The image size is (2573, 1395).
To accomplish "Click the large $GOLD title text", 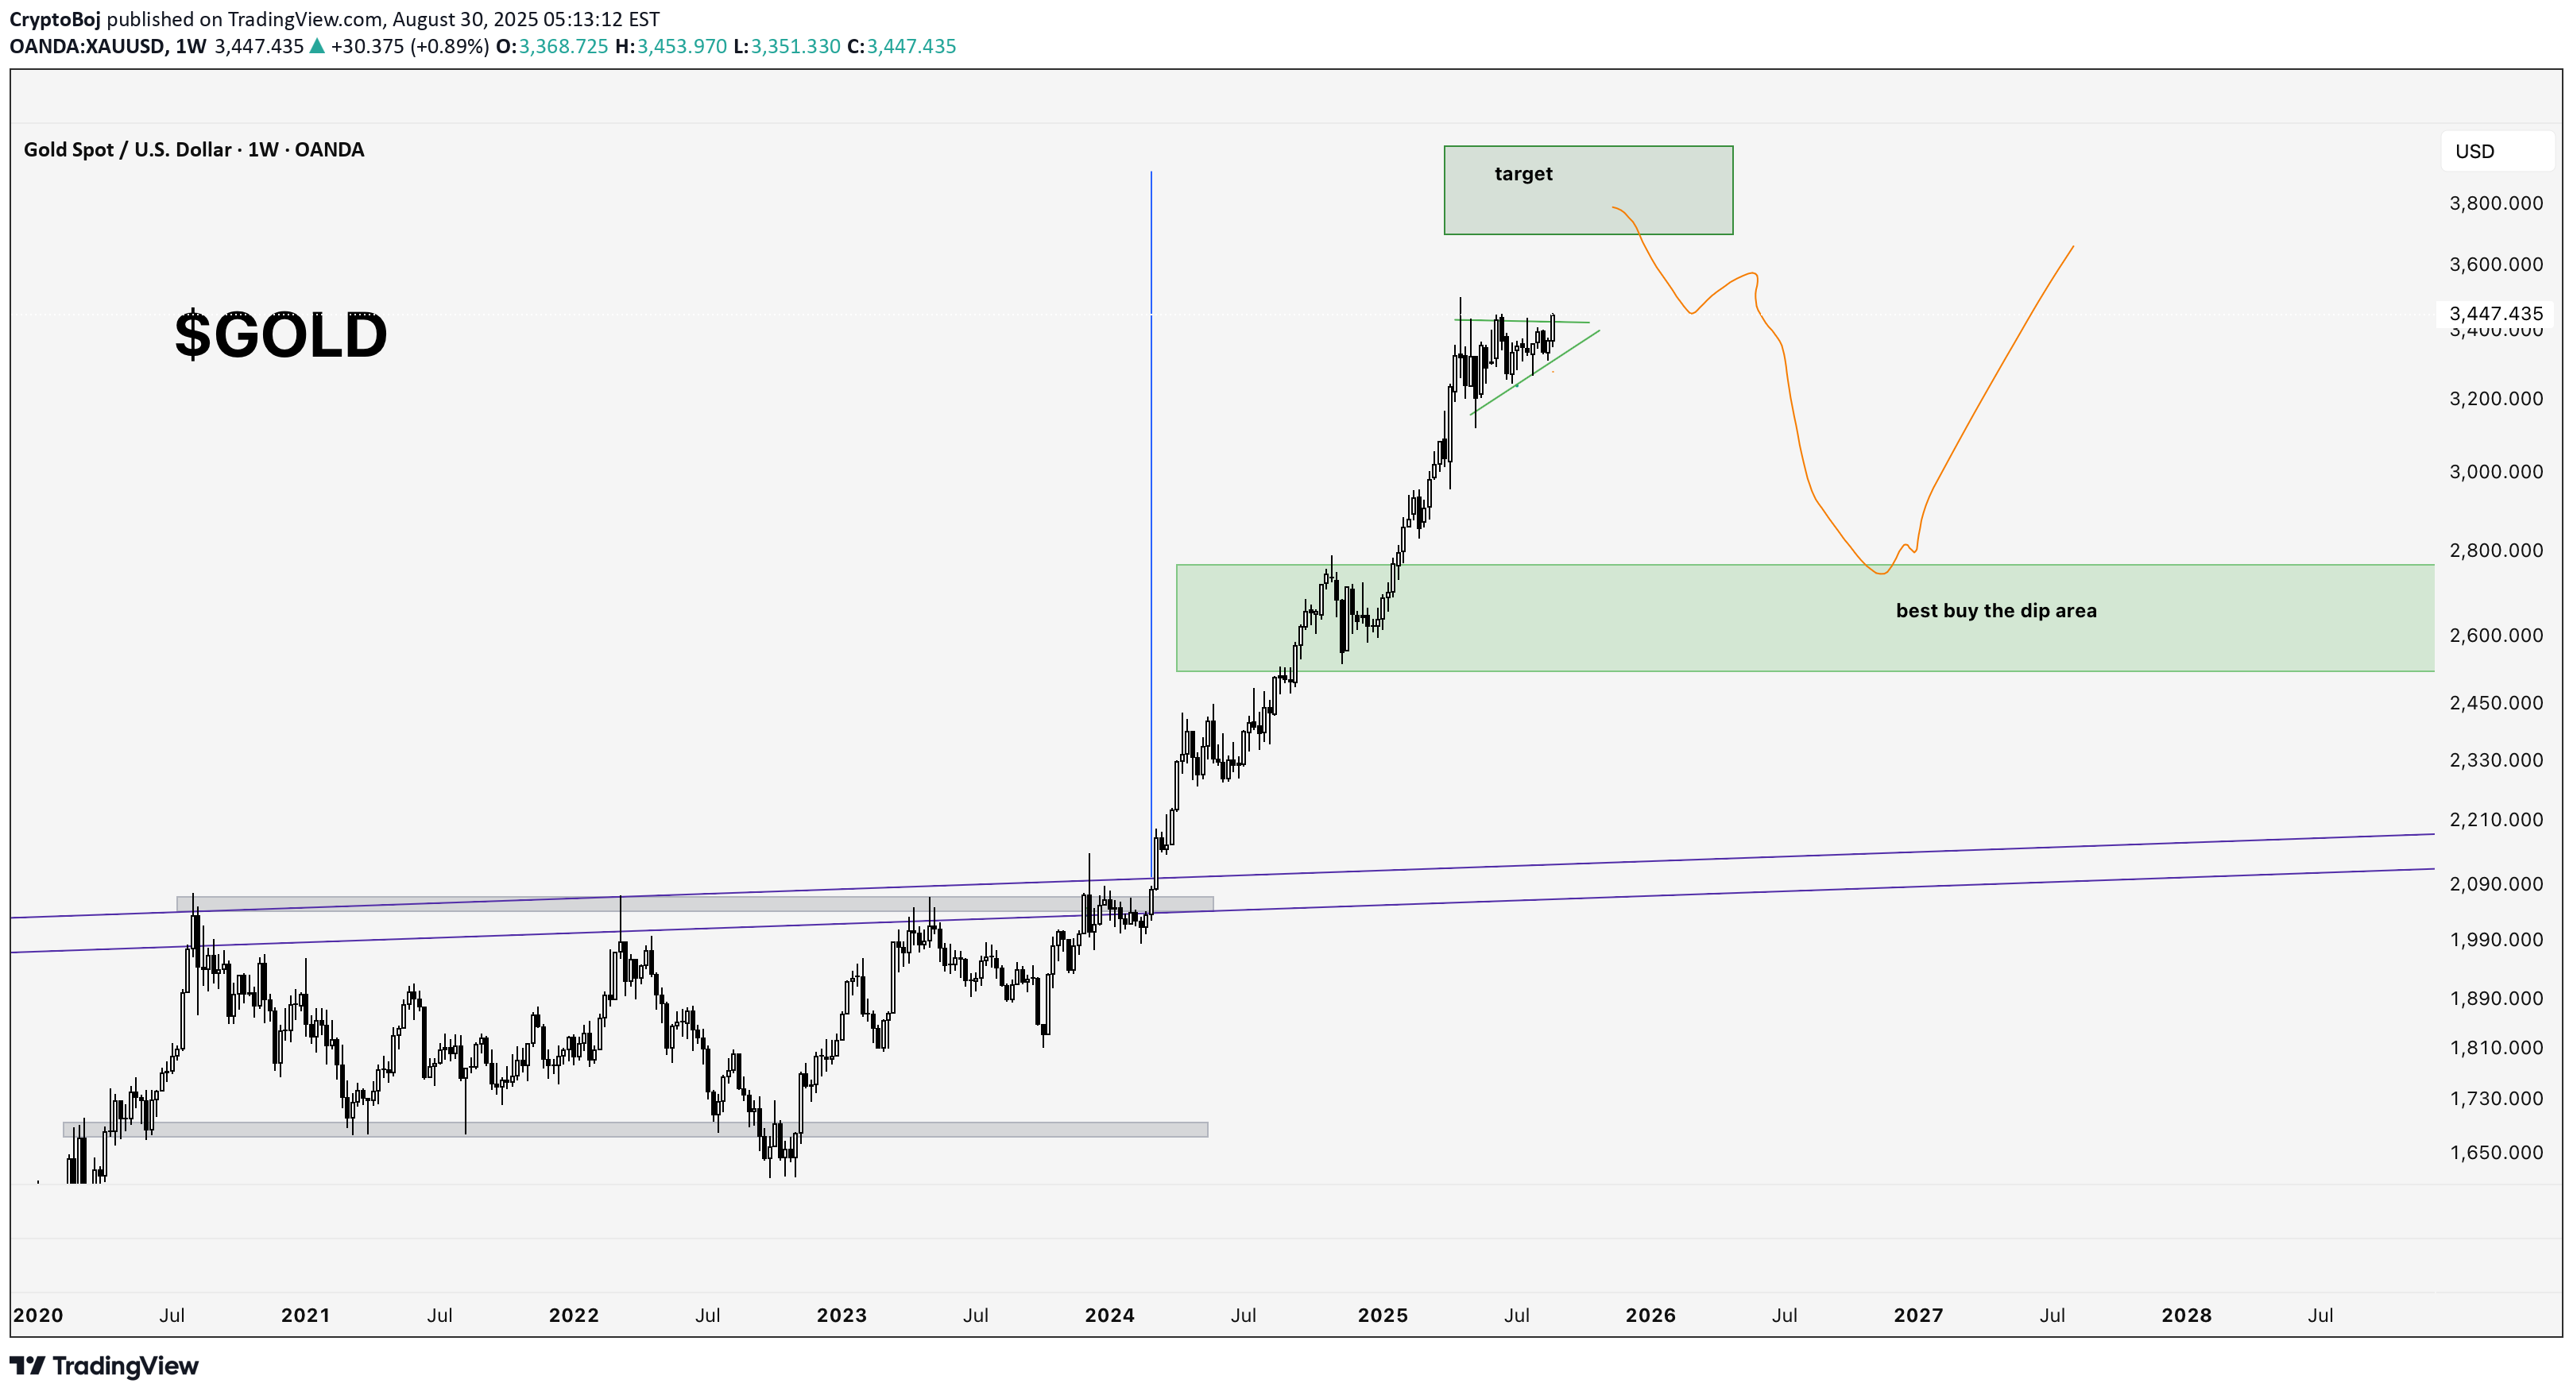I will tap(281, 334).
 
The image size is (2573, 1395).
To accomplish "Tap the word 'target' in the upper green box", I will tap(1523, 174).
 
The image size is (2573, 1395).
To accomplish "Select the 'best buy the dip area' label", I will tap(1995, 611).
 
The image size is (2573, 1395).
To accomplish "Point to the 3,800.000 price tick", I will tap(2495, 203).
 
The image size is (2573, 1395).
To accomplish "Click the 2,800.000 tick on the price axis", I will tap(2495, 551).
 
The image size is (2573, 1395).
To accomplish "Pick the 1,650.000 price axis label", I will tap(2495, 1153).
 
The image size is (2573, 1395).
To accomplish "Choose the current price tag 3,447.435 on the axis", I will tap(2495, 314).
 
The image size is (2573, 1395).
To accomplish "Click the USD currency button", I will tap(2474, 152).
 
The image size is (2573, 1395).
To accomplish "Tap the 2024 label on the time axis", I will tap(1109, 1315).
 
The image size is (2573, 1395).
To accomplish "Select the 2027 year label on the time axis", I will tap(1917, 1315).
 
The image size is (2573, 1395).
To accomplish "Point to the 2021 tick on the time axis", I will tap(304, 1315).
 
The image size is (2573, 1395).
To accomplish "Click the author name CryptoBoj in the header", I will tap(55, 19).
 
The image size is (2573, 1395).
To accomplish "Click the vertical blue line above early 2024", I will tap(1151, 499).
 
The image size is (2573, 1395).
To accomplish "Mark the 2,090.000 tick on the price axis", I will tap(2495, 883).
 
